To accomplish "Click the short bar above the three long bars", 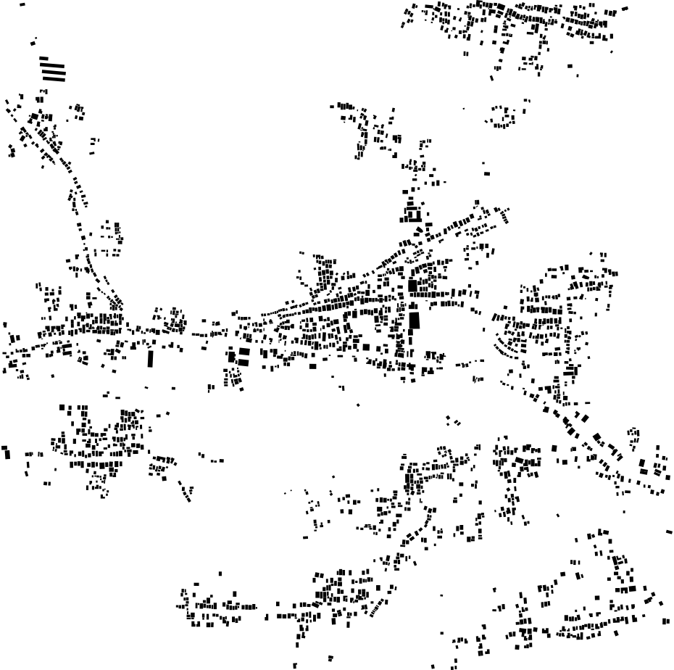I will [x=43, y=58].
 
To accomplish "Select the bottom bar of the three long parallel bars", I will [x=54, y=78].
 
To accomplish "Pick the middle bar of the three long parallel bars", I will [x=54, y=72].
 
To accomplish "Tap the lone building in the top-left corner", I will [x=22, y=4].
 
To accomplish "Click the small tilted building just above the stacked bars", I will [x=34, y=42].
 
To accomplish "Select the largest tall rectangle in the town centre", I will [x=414, y=320].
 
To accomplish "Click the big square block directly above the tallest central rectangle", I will [x=412, y=286].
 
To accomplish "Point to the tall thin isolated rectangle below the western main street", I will [x=151, y=358].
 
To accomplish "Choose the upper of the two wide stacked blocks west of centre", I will [x=244, y=352].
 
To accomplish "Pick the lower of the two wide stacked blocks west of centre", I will [x=244, y=361].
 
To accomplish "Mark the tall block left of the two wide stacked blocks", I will [x=232, y=356].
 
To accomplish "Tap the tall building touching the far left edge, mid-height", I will [x=7, y=453].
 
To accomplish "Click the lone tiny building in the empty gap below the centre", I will [x=358, y=405].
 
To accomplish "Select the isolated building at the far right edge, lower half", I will [x=668, y=532].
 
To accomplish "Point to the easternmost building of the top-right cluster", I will [x=625, y=9].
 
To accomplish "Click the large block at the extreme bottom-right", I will [x=666, y=620].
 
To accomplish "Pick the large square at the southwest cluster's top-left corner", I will [x=62, y=408].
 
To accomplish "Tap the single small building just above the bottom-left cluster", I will [x=220, y=574].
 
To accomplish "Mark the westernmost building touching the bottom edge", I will [x=295, y=665].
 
